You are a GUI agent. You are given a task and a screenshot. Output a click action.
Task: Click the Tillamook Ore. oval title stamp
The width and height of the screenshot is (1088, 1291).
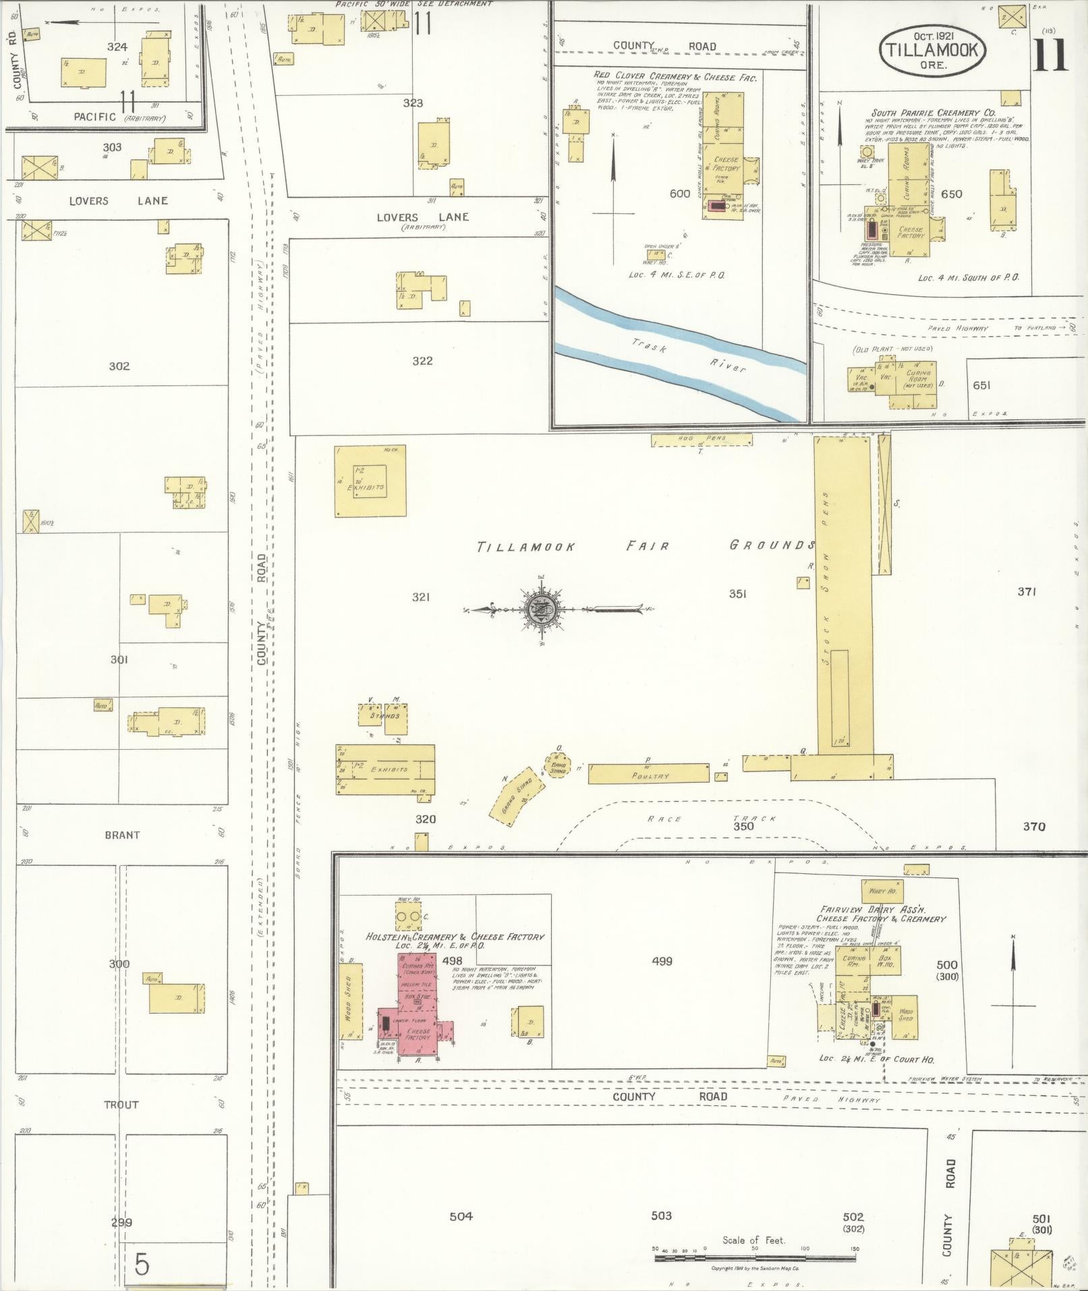[932, 52]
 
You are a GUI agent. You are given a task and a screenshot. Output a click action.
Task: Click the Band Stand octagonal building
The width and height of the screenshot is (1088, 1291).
[559, 766]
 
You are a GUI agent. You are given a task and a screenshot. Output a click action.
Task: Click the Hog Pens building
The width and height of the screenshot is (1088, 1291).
[702, 440]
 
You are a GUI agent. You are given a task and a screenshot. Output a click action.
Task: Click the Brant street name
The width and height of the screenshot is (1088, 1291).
[122, 835]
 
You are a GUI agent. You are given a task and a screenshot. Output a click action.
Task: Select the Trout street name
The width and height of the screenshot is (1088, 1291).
[121, 1105]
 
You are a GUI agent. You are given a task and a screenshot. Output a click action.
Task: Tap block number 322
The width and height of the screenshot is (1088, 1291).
[422, 361]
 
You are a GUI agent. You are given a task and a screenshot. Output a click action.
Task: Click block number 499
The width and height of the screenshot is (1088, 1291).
[662, 961]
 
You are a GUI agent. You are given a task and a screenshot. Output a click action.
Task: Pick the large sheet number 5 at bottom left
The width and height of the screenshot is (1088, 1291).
[142, 1264]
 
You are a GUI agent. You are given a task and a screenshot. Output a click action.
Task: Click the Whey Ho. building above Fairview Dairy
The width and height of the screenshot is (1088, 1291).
[882, 891]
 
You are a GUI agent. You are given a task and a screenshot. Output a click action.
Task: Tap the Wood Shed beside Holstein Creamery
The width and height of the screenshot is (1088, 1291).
[349, 1005]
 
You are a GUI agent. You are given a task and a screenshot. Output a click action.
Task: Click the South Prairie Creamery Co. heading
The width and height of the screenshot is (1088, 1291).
[933, 113]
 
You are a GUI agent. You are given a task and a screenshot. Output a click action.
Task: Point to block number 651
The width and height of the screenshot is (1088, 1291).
[981, 385]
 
